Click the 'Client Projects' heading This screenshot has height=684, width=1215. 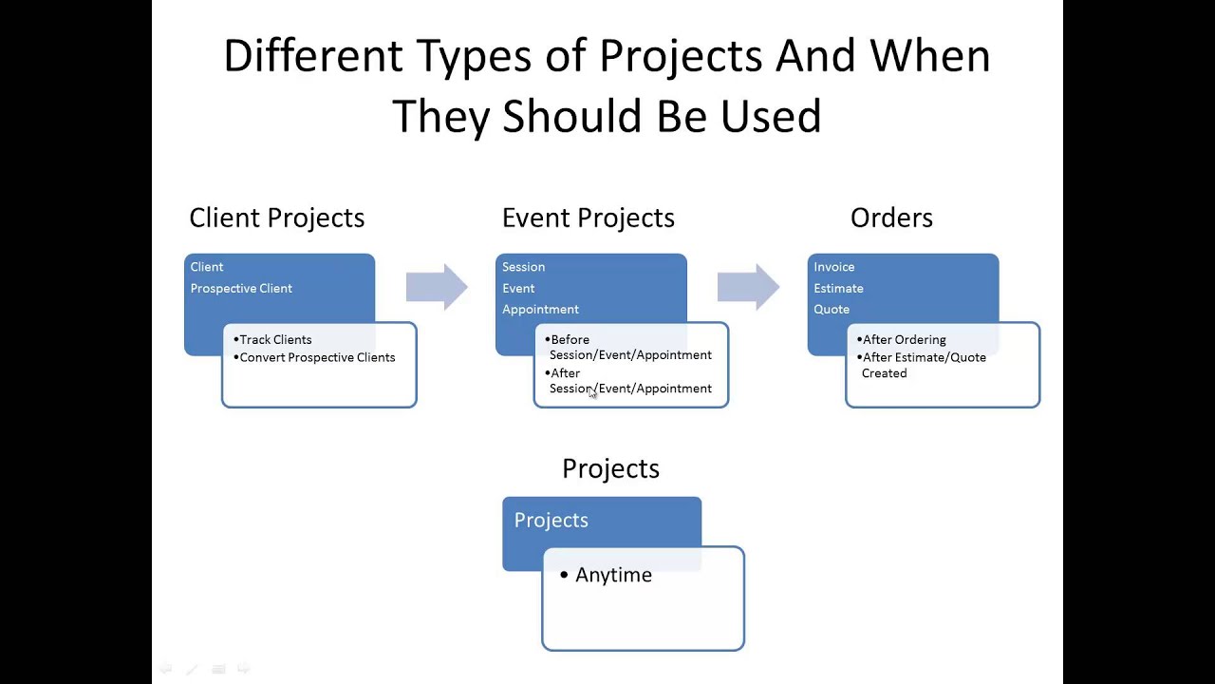click(276, 218)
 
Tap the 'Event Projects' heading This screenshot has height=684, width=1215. click(588, 218)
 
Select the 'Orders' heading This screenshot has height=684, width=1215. click(891, 218)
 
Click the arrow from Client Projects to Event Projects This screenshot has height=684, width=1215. click(437, 287)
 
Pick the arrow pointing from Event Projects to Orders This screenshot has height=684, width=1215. click(748, 287)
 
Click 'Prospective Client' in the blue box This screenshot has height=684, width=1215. click(241, 288)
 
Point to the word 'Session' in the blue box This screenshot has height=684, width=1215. click(523, 267)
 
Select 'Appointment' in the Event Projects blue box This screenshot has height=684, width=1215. click(540, 309)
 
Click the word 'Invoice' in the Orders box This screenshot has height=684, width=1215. click(833, 267)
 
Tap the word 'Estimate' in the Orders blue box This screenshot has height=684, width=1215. click(838, 288)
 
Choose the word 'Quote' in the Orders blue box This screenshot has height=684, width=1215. click(832, 309)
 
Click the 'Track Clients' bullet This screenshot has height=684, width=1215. click(275, 339)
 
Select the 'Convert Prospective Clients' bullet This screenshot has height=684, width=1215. click(317, 357)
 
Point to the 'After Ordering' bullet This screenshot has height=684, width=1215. click(904, 339)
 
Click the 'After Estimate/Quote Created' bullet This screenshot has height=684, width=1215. click(924, 365)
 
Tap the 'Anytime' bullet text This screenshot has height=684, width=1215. click(613, 575)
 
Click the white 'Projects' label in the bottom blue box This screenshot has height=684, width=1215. click(551, 520)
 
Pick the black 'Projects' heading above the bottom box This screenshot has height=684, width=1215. click(610, 468)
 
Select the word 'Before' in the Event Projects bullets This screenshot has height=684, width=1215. click(570, 339)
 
